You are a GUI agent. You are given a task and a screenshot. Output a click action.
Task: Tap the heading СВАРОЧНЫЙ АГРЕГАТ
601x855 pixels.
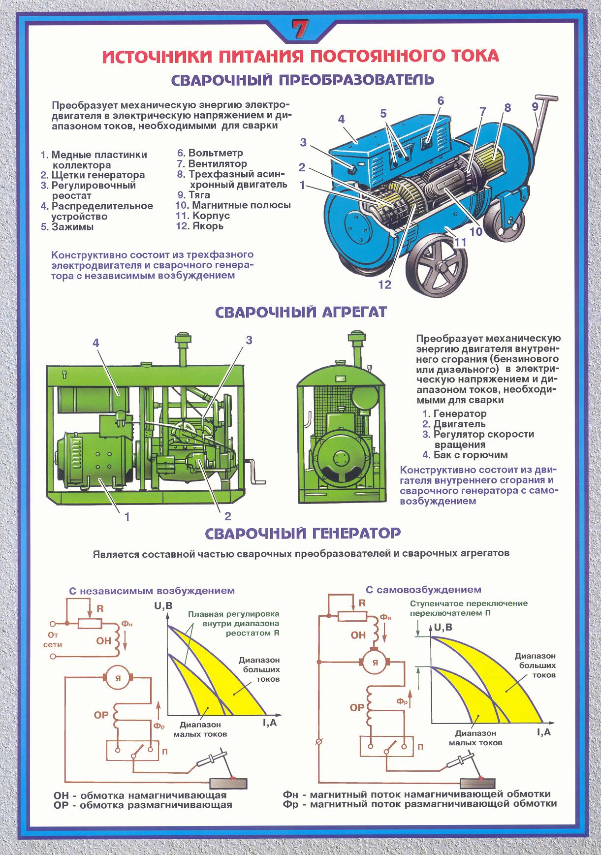click(x=301, y=313)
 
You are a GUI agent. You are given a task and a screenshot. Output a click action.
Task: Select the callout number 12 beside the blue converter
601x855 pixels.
click(x=384, y=285)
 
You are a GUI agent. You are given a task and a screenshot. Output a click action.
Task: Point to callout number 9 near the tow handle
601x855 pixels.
click(x=535, y=107)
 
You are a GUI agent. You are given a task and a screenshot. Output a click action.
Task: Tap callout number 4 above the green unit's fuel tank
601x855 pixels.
click(x=96, y=343)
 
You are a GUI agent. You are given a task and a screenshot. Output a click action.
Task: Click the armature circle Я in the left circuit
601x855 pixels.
click(x=118, y=678)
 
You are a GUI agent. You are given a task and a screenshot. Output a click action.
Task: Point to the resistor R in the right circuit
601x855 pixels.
click(x=352, y=616)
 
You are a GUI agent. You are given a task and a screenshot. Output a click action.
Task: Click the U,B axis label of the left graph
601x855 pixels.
click(x=163, y=605)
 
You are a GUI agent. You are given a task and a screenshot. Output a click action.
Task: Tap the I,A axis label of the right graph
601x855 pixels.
click(x=544, y=732)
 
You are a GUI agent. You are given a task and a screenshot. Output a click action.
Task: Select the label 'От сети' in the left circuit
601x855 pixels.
click(x=53, y=640)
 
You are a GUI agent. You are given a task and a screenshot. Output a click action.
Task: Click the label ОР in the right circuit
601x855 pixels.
click(x=357, y=707)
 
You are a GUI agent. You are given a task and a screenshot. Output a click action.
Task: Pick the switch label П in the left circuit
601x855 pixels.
click(x=165, y=752)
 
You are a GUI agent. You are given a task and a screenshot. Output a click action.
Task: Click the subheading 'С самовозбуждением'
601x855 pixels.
click(x=423, y=590)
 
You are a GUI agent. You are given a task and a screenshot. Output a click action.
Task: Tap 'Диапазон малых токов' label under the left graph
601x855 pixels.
click(x=200, y=729)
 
